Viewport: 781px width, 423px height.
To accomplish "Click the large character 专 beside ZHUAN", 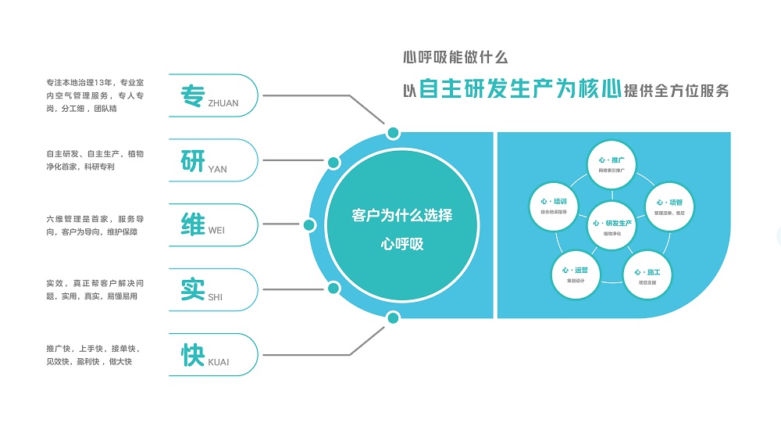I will pyautogui.click(x=192, y=95).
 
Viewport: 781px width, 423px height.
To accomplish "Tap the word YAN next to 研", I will pyautogui.click(x=218, y=168).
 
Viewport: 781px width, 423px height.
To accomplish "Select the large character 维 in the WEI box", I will pyautogui.click(x=192, y=224).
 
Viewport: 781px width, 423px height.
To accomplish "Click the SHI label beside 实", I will pyautogui.click(x=216, y=297).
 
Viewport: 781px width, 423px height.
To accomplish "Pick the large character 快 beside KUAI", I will pyautogui.click(x=192, y=355).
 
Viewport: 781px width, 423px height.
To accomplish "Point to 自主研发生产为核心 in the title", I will pyautogui.click(x=520, y=89).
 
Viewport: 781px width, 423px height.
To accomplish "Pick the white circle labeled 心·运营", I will pyautogui.click(x=576, y=274).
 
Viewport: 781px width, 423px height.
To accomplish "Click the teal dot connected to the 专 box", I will pyautogui.click(x=394, y=132).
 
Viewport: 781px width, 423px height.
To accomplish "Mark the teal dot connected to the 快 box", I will pyautogui.click(x=394, y=317).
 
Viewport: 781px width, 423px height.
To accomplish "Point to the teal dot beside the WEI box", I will pyautogui.click(x=308, y=225).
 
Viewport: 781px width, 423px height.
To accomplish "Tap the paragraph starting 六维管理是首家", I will pyautogui.click(x=95, y=225).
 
